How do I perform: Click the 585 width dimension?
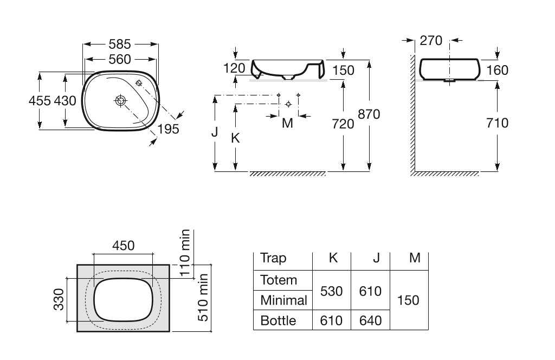(120, 43)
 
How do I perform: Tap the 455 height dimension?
(40, 101)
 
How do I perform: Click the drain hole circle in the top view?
(120, 100)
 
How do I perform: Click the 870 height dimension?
(369, 114)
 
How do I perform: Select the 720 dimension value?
(343, 124)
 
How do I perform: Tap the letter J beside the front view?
(215, 132)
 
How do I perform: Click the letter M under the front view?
(288, 124)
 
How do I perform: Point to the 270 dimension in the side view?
(431, 40)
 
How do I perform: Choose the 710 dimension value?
(498, 124)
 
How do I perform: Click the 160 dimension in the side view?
(498, 70)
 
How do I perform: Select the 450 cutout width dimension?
(123, 245)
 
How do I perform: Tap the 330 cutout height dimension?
(59, 299)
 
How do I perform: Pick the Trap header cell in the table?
(273, 258)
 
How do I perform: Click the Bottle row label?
(278, 320)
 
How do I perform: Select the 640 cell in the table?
(371, 320)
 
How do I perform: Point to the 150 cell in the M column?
(408, 300)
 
